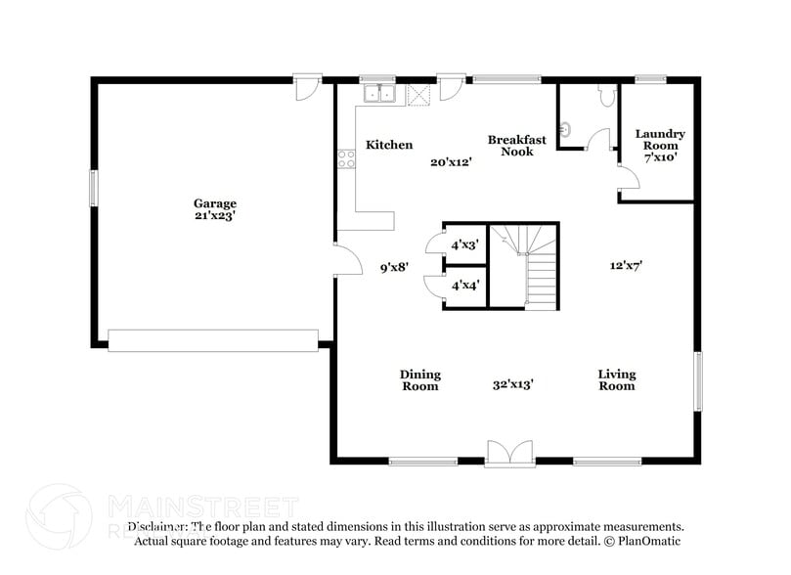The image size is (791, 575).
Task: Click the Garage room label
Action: [214, 203]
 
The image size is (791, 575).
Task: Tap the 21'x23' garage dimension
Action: [214, 216]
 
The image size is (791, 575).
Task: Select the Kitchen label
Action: [389, 145]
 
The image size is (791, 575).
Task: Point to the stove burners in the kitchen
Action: [346, 159]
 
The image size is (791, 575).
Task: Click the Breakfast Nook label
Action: [517, 146]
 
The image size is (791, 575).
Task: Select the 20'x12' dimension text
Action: [452, 162]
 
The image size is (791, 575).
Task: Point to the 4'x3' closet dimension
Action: [464, 245]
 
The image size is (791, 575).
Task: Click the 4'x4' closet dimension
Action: [464, 287]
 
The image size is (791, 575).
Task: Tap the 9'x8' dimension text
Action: [394, 265]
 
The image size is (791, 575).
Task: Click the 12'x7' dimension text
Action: [626, 264]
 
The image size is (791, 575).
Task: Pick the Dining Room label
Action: [420, 379]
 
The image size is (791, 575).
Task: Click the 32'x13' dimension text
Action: [512, 385]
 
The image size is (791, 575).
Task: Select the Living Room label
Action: [617, 379]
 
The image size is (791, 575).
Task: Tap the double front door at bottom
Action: [509, 452]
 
